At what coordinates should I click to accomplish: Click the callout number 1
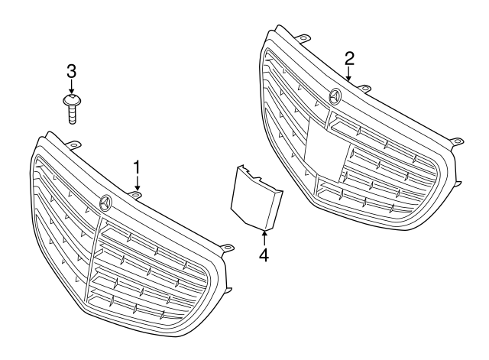point(138,167)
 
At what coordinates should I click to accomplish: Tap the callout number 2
point(349,58)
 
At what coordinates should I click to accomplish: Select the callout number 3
point(71,71)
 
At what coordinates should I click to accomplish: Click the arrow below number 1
point(138,183)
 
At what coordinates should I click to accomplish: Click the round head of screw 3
point(71,99)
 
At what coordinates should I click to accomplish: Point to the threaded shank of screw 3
point(72,115)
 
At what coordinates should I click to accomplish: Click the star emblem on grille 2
point(335,96)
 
